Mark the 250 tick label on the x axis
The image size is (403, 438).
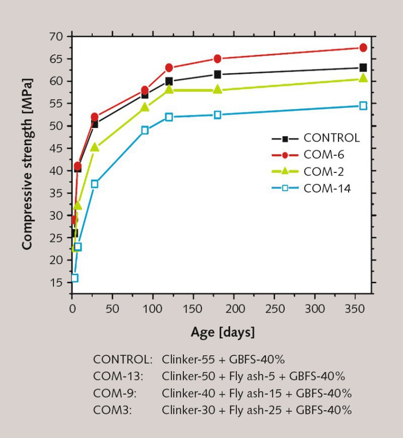[275, 307]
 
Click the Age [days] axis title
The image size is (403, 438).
[223, 332]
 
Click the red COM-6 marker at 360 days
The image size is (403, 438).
[363, 48]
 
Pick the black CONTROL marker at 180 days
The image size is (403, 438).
[218, 75]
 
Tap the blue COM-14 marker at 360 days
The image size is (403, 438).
[363, 106]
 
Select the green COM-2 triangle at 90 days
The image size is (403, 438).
[145, 107]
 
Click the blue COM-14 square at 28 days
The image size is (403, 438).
[95, 184]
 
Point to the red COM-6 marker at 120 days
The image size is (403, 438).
[169, 68]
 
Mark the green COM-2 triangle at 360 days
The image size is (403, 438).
[363, 78]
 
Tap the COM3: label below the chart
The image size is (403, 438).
[112, 410]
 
